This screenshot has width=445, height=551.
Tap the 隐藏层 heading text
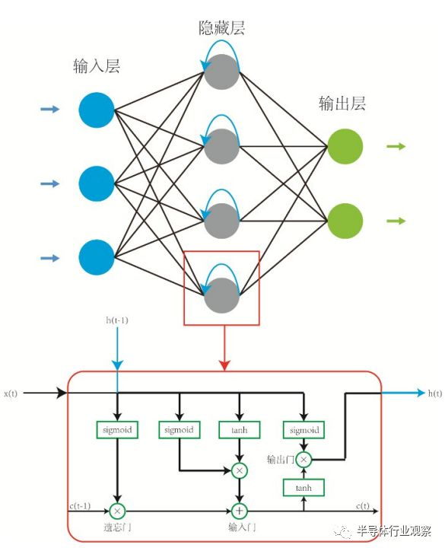pos(221,30)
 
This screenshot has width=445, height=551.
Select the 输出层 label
pos(342,104)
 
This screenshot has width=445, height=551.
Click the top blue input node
pos(97,110)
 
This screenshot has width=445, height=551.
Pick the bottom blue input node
pos(97,257)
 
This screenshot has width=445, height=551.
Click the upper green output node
pos(345,147)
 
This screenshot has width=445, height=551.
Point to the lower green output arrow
pos(396,221)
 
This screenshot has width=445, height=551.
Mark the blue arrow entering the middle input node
pos(50,183)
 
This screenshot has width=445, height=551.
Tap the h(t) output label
pos(434,393)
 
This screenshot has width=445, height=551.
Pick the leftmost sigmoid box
pos(117,430)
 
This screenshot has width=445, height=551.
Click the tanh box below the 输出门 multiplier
pos(303,486)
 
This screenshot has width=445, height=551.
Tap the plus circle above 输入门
pos(240,511)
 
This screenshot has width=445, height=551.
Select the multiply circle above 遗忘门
pos(117,511)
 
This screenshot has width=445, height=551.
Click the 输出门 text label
pos(279,460)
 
